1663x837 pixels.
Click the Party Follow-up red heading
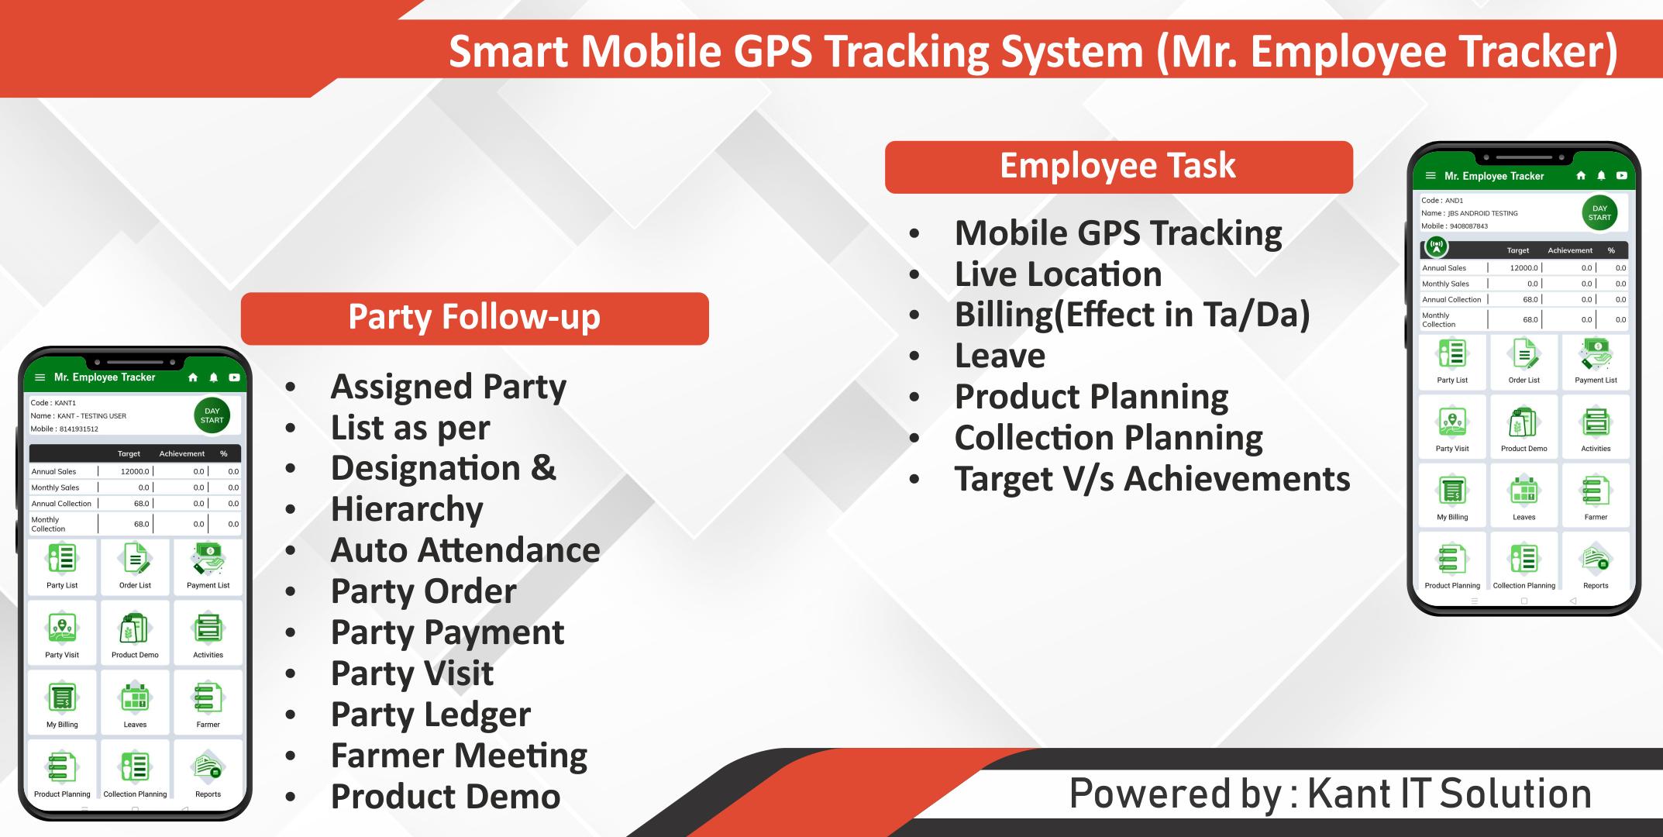tap(474, 318)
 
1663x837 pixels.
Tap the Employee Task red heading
tap(1118, 167)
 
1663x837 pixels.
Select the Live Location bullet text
tap(1058, 274)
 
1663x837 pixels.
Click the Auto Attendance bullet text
tap(465, 550)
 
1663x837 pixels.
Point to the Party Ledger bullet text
tap(431, 715)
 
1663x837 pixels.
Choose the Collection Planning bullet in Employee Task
tap(1108, 439)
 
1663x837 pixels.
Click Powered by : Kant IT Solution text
tap(1330, 794)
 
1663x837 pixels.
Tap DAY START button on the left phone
tap(212, 415)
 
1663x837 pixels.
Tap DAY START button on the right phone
tap(1599, 213)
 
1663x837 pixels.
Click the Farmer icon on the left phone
tap(208, 697)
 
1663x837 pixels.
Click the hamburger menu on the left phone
tap(40, 378)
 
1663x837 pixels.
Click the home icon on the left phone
tap(193, 377)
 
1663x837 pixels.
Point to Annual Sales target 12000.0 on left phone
tap(135, 471)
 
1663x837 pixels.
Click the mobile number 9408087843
tap(1468, 226)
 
